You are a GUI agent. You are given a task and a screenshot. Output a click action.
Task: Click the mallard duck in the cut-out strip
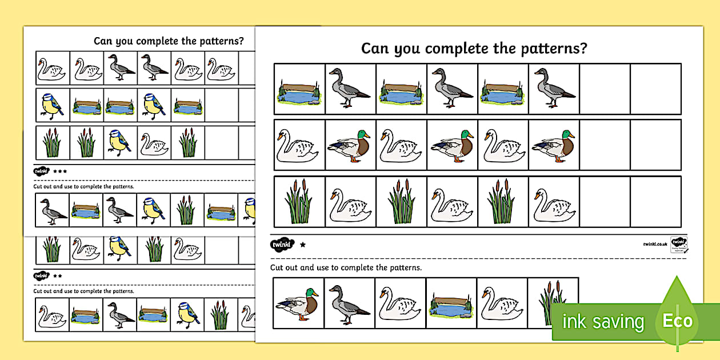click(x=298, y=303)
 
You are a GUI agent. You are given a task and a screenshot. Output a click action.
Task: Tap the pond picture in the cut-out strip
click(x=451, y=304)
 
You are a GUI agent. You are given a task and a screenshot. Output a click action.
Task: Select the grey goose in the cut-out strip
click(x=349, y=303)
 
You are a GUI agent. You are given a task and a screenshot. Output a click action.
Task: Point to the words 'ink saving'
click(x=602, y=321)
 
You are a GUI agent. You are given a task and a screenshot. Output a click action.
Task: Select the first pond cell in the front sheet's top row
click(x=299, y=89)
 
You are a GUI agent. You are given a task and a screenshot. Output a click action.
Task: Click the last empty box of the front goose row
click(x=655, y=89)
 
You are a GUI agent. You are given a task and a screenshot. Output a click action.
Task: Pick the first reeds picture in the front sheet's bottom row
click(x=299, y=201)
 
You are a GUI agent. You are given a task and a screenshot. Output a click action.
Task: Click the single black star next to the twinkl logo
click(x=303, y=245)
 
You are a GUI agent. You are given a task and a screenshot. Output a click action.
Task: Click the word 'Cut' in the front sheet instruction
click(x=277, y=267)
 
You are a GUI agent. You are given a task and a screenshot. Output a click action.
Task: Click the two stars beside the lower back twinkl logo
click(x=58, y=275)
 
